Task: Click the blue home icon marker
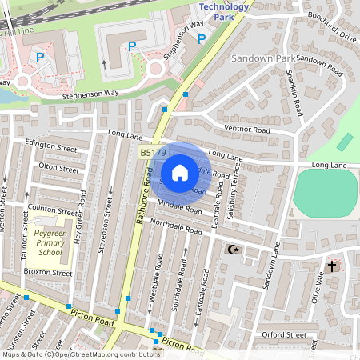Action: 180,173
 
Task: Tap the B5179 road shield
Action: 154,152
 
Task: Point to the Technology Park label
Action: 223,11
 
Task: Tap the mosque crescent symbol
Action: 234,250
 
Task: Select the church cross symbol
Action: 332,266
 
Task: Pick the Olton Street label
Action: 59,169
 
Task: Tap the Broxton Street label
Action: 48,273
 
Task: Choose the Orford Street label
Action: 283,334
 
